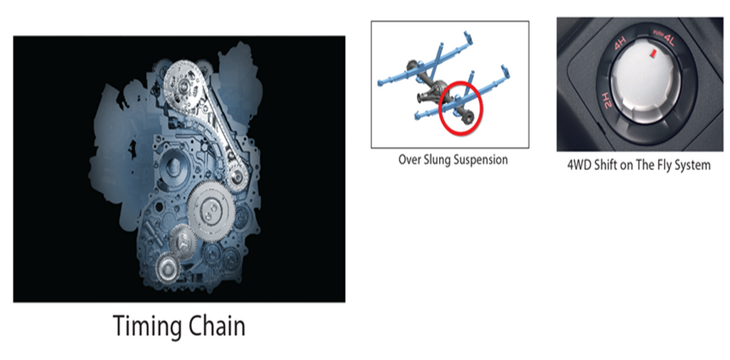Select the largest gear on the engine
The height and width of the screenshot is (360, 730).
point(213,211)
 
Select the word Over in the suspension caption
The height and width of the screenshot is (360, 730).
point(410,160)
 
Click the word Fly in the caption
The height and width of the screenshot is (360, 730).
point(661,166)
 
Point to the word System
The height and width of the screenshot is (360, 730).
point(692,166)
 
